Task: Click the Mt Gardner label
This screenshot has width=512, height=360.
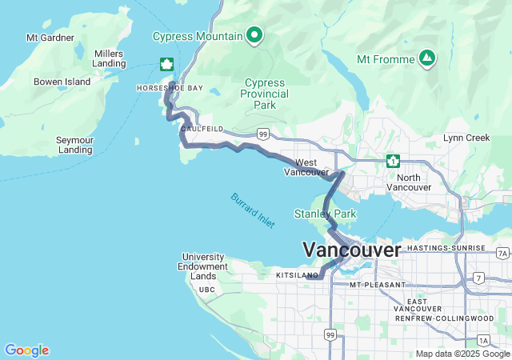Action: point(50,38)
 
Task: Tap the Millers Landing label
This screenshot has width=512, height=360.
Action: point(109,58)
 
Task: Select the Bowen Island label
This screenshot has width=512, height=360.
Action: point(62,82)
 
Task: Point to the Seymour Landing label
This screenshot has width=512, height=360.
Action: point(74,145)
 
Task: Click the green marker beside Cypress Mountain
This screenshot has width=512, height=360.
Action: point(254,34)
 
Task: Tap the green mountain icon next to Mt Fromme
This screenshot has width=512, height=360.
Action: point(427,58)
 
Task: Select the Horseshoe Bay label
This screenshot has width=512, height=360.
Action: point(170,88)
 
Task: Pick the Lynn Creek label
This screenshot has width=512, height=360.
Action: point(466,138)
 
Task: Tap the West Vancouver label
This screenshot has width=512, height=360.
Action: point(306,166)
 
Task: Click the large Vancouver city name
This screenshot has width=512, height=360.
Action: point(351,250)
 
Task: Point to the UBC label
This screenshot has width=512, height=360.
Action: point(207,290)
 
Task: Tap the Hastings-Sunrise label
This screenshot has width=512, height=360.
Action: point(446,249)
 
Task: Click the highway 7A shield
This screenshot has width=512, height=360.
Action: point(502,254)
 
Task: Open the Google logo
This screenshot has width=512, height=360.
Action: point(26,350)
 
